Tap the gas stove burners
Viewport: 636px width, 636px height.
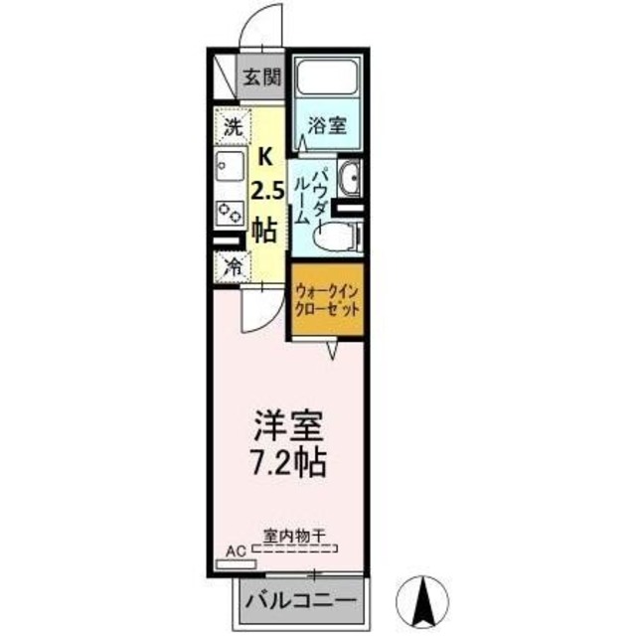232,211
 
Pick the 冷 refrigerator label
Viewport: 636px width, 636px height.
232,266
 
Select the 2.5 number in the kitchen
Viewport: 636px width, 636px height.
264,192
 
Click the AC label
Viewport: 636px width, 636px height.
235,548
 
